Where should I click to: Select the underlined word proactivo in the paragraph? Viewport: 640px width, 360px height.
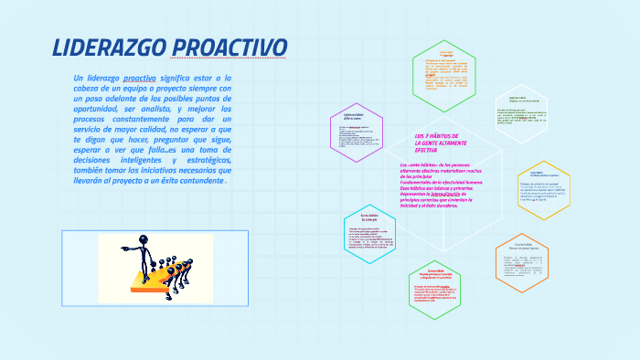pos(139,79)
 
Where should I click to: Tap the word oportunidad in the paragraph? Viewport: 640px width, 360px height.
pos(97,109)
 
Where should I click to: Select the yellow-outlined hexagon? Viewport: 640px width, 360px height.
pos(543,189)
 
